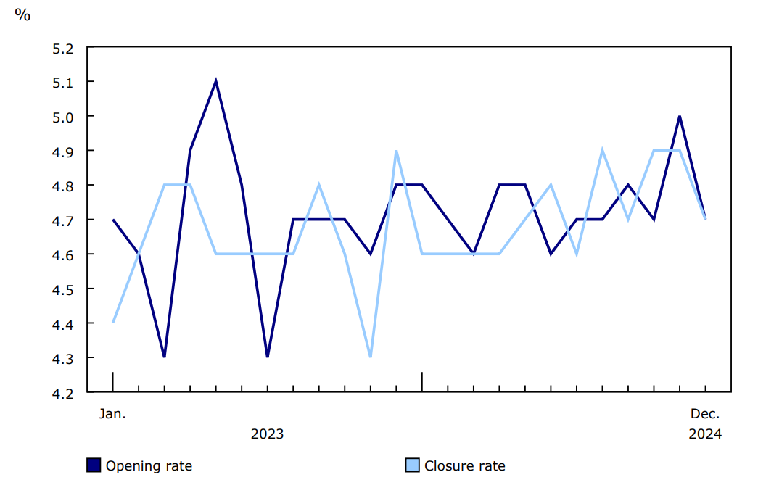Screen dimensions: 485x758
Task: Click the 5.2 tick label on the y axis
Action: (x=64, y=49)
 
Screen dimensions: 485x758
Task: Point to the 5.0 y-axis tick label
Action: (x=64, y=117)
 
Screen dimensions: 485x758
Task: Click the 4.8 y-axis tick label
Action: (x=64, y=186)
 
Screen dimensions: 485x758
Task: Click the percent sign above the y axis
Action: (x=22, y=14)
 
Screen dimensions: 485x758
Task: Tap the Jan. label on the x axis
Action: (x=112, y=414)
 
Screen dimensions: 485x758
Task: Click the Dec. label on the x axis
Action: (x=704, y=414)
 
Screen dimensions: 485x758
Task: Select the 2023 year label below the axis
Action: (x=267, y=434)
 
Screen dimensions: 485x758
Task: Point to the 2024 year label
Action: (x=704, y=434)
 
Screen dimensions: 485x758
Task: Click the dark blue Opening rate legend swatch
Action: (x=94, y=465)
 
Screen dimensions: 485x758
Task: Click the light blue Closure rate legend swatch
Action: (x=412, y=465)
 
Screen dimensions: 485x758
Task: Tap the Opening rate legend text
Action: (x=149, y=466)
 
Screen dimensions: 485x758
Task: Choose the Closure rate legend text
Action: (x=464, y=466)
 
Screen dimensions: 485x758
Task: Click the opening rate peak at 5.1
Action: (x=216, y=81)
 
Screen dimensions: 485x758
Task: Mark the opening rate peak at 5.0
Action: (x=680, y=116)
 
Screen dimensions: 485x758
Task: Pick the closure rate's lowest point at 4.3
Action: (x=371, y=357)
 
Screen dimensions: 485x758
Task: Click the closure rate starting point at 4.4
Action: (x=113, y=323)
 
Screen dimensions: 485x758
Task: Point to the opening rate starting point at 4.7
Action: (x=113, y=219)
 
